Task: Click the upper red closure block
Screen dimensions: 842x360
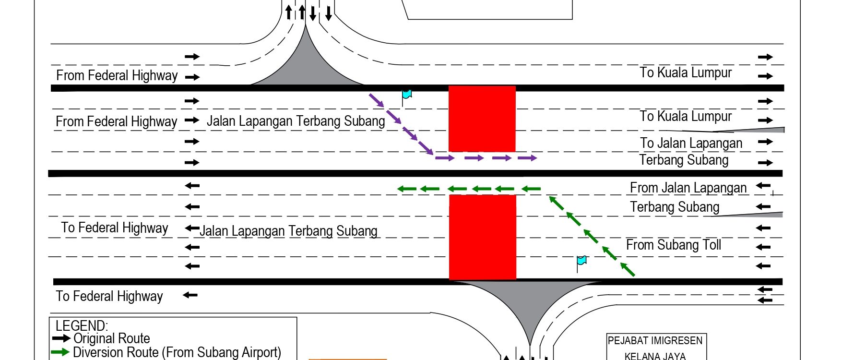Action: coord(482,119)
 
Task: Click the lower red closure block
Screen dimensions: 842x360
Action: coord(483,237)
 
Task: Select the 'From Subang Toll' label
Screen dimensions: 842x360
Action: coord(674,245)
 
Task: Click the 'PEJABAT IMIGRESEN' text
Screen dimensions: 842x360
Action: coord(655,341)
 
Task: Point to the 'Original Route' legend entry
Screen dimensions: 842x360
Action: coord(112,338)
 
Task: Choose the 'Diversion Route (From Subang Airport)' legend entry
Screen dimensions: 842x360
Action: coord(177,352)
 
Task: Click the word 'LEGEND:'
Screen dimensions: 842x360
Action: coord(82,325)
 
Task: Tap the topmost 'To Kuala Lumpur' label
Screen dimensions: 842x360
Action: coord(686,72)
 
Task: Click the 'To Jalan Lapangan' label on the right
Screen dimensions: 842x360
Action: coord(691,143)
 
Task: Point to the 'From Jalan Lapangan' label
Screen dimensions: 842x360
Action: coord(688,188)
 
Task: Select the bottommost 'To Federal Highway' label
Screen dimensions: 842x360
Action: coord(109,296)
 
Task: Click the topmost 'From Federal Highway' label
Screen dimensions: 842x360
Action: coord(117,75)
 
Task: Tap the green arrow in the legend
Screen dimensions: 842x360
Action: coord(60,352)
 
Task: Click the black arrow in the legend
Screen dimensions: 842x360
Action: coord(61,338)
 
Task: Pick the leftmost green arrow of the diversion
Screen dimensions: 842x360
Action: coord(407,189)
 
